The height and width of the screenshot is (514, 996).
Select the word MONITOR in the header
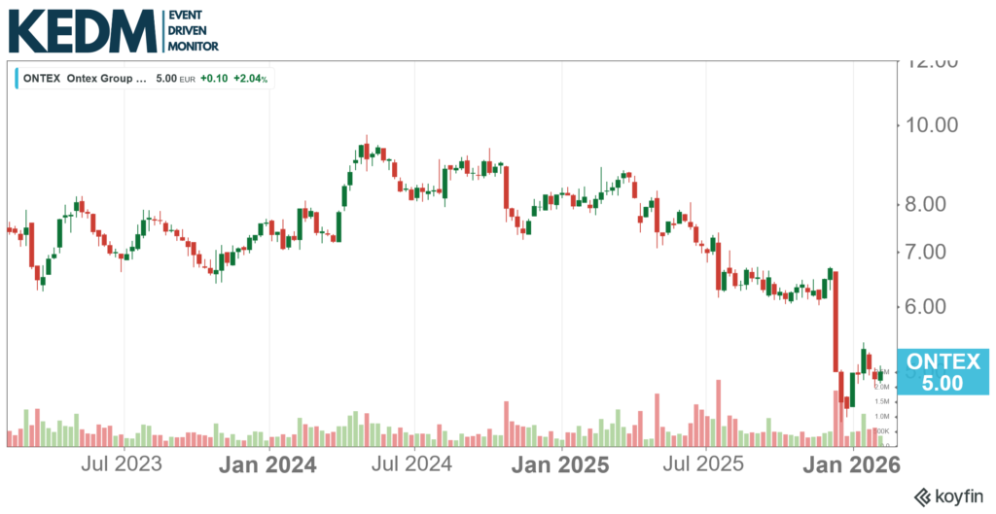[194, 46]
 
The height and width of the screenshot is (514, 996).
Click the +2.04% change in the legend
[251, 79]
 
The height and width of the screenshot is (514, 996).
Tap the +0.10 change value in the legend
[213, 79]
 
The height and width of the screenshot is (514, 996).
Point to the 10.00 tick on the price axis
[932, 124]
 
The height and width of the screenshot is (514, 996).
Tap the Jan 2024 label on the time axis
[267, 464]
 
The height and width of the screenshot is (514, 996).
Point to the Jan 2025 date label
[560, 464]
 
